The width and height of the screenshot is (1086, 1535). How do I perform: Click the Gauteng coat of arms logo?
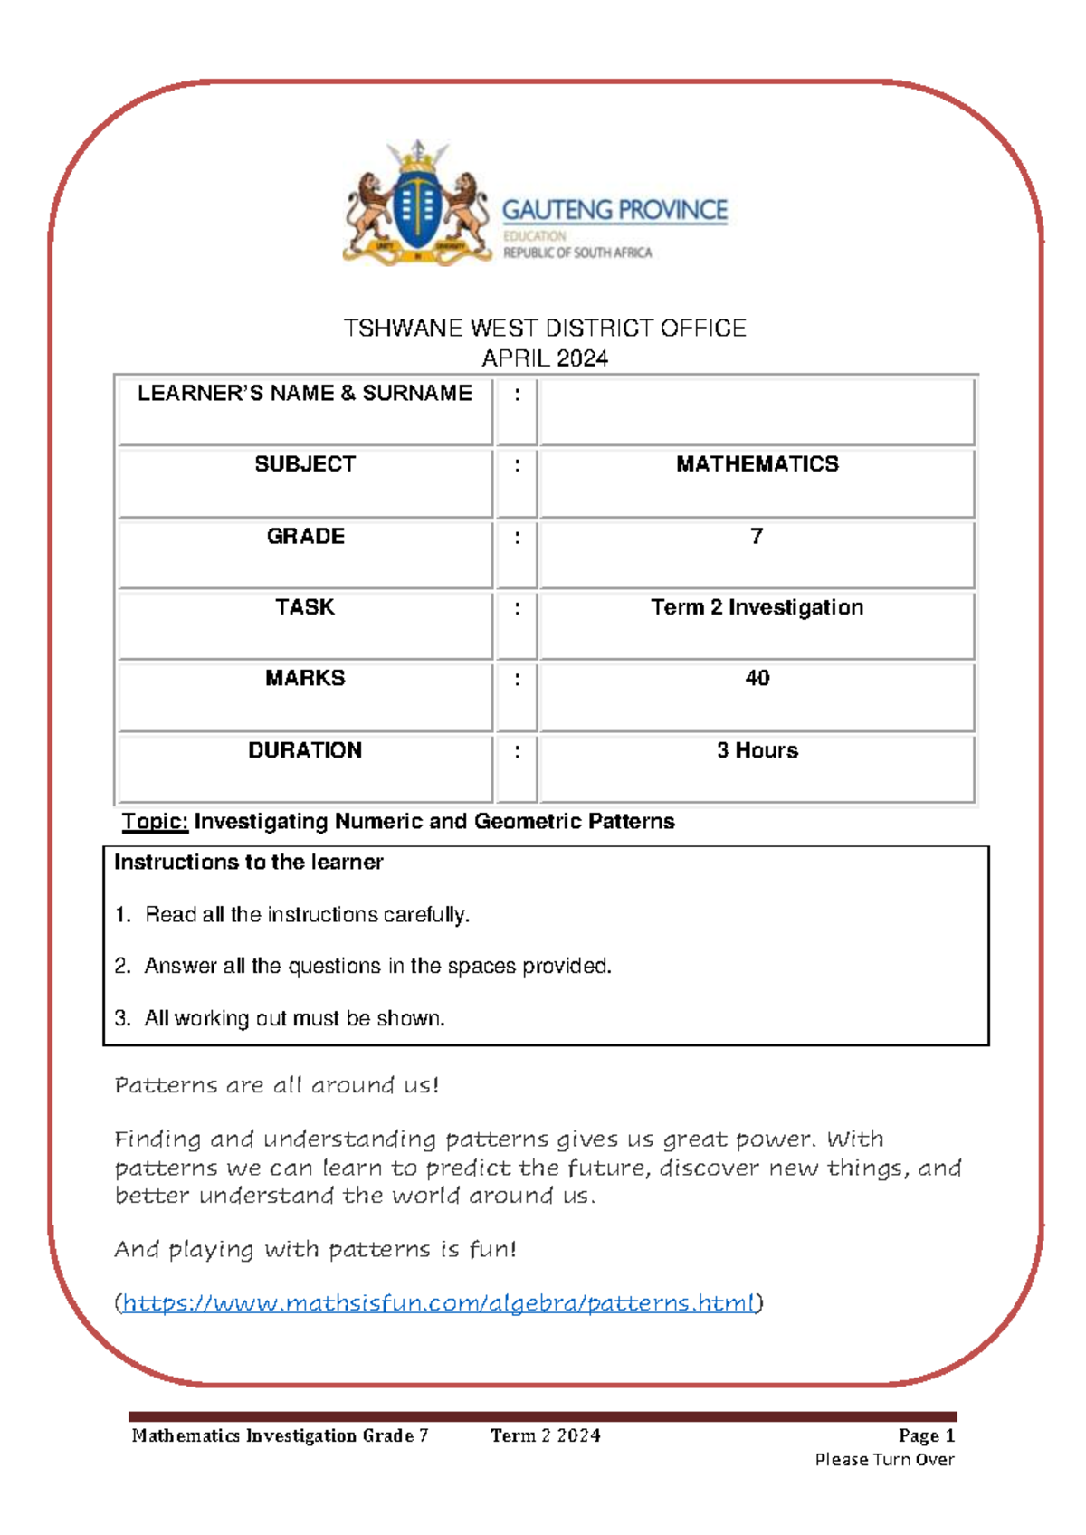click(x=416, y=205)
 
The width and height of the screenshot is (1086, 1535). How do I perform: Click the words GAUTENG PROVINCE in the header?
click(x=614, y=211)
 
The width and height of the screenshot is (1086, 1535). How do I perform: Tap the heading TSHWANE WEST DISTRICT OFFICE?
click(x=545, y=328)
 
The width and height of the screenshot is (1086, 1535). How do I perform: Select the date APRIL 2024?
click(x=545, y=358)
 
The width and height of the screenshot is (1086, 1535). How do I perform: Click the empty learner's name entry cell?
click(x=757, y=412)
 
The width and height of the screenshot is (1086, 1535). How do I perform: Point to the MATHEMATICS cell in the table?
click(x=757, y=464)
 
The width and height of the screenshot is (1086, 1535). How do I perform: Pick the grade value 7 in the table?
click(x=757, y=537)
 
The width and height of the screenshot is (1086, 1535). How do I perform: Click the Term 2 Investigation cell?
click(x=757, y=607)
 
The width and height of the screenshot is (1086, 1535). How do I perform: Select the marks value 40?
click(x=757, y=678)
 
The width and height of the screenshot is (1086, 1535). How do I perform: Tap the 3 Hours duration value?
click(x=757, y=750)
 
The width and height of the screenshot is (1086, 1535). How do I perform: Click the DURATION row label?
click(x=305, y=750)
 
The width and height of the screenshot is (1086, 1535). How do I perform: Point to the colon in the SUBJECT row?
click(x=517, y=465)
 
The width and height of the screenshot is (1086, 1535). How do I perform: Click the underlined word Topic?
click(x=155, y=822)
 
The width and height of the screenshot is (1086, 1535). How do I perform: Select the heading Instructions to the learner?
click(x=248, y=863)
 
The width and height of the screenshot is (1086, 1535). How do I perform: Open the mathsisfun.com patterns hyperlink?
click(x=438, y=1303)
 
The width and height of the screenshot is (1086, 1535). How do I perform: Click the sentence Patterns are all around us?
click(x=276, y=1085)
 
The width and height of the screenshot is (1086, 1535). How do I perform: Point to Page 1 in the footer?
click(x=926, y=1435)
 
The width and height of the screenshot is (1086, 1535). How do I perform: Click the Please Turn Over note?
click(x=884, y=1460)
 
